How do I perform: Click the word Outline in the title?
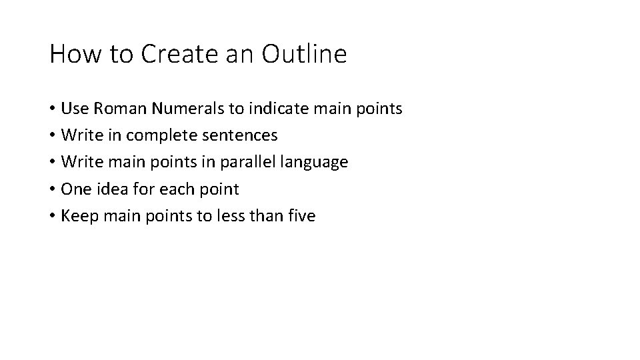[304, 54]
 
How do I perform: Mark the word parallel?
[239, 162]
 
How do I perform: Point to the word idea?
[105, 189]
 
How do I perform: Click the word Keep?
[77, 215]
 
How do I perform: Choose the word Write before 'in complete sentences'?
[79, 135]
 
